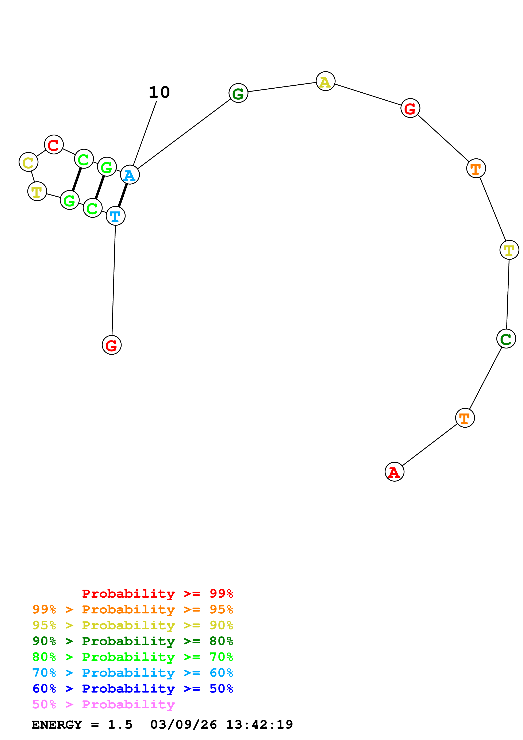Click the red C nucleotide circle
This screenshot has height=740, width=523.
click(x=54, y=145)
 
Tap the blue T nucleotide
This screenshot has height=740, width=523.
click(x=115, y=216)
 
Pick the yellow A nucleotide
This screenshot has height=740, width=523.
click(x=326, y=81)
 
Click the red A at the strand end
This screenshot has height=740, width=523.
click(x=395, y=472)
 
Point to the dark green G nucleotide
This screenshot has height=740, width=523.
click(x=238, y=93)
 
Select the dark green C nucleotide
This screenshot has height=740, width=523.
click(x=506, y=339)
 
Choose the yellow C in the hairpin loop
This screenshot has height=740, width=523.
click(x=28, y=162)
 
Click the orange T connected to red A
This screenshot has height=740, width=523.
click(x=465, y=418)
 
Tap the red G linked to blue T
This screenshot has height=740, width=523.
click(x=111, y=345)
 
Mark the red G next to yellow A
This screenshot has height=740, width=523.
click(x=410, y=108)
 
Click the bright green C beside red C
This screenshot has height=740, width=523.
click(x=84, y=159)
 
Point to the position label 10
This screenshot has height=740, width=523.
click(x=159, y=92)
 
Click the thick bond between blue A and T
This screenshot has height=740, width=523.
click(x=122, y=196)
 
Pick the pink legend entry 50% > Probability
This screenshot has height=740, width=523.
click(x=103, y=705)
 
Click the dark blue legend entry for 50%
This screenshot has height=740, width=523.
click(x=132, y=689)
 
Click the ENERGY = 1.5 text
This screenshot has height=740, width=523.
click(x=82, y=725)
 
